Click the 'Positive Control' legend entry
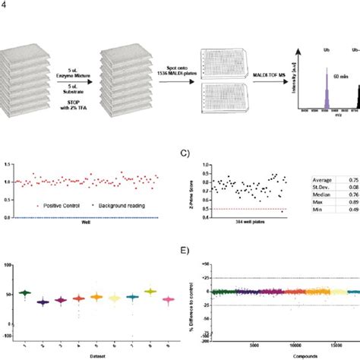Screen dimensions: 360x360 click(44, 205)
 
